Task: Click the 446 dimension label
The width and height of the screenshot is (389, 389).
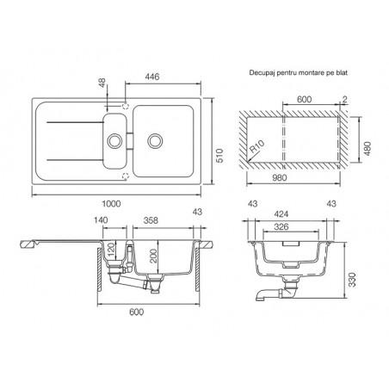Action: click(x=152, y=77)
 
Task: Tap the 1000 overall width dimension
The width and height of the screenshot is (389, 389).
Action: click(x=111, y=204)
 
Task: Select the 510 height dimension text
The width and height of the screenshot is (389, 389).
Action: click(x=219, y=156)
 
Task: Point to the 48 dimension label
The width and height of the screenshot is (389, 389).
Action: click(x=102, y=83)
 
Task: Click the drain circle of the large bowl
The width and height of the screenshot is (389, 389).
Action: click(x=155, y=141)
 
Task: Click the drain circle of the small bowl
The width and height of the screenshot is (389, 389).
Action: click(x=114, y=141)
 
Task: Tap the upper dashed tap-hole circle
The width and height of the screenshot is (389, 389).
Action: click(x=126, y=106)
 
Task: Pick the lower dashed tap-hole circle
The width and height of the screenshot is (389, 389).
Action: click(x=126, y=176)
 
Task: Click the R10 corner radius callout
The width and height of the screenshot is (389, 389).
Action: click(x=256, y=147)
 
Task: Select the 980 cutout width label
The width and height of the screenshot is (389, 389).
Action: click(x=279, y=177)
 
